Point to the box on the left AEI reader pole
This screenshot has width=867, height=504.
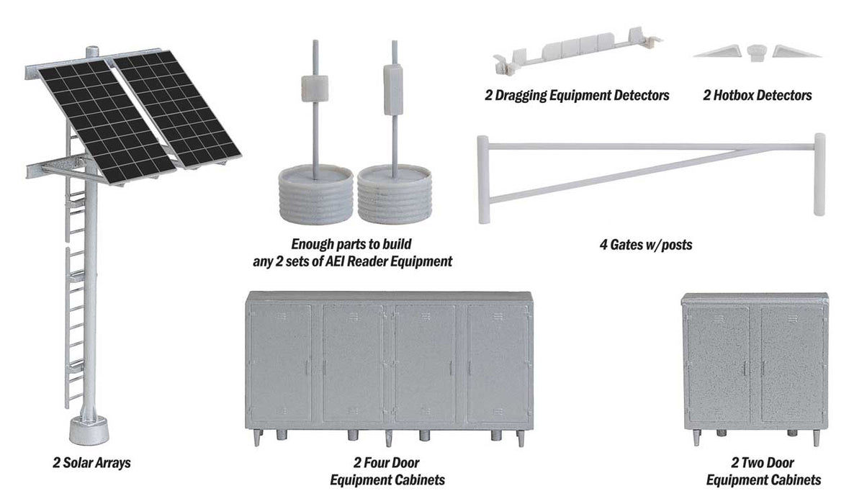[x=315, y=87]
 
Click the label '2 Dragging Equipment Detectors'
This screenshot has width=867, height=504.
[x=577, y=95]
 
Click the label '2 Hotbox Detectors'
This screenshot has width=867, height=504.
[x=757, y=95]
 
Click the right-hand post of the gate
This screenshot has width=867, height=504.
[x=819, y=174]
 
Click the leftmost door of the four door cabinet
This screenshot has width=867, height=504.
[x=281, y=364]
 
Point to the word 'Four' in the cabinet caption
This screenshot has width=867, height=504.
[x=407, y=463]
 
